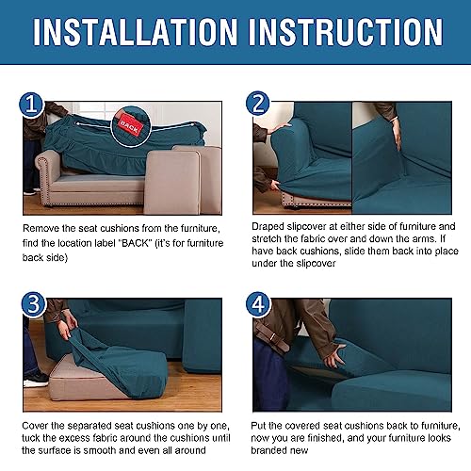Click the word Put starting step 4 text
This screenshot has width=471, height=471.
click(262, 427)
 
